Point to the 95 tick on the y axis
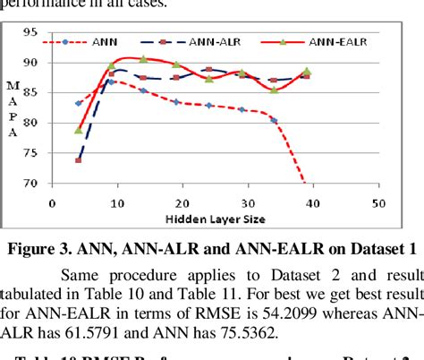(x=30, y=32)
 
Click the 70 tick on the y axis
(x=30, y=184)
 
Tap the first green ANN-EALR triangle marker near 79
(x=79, y=130)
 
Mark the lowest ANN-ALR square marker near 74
(x=79, y=160)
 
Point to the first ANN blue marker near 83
(x=79, y=103)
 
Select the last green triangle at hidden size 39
(x=307, y=71)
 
